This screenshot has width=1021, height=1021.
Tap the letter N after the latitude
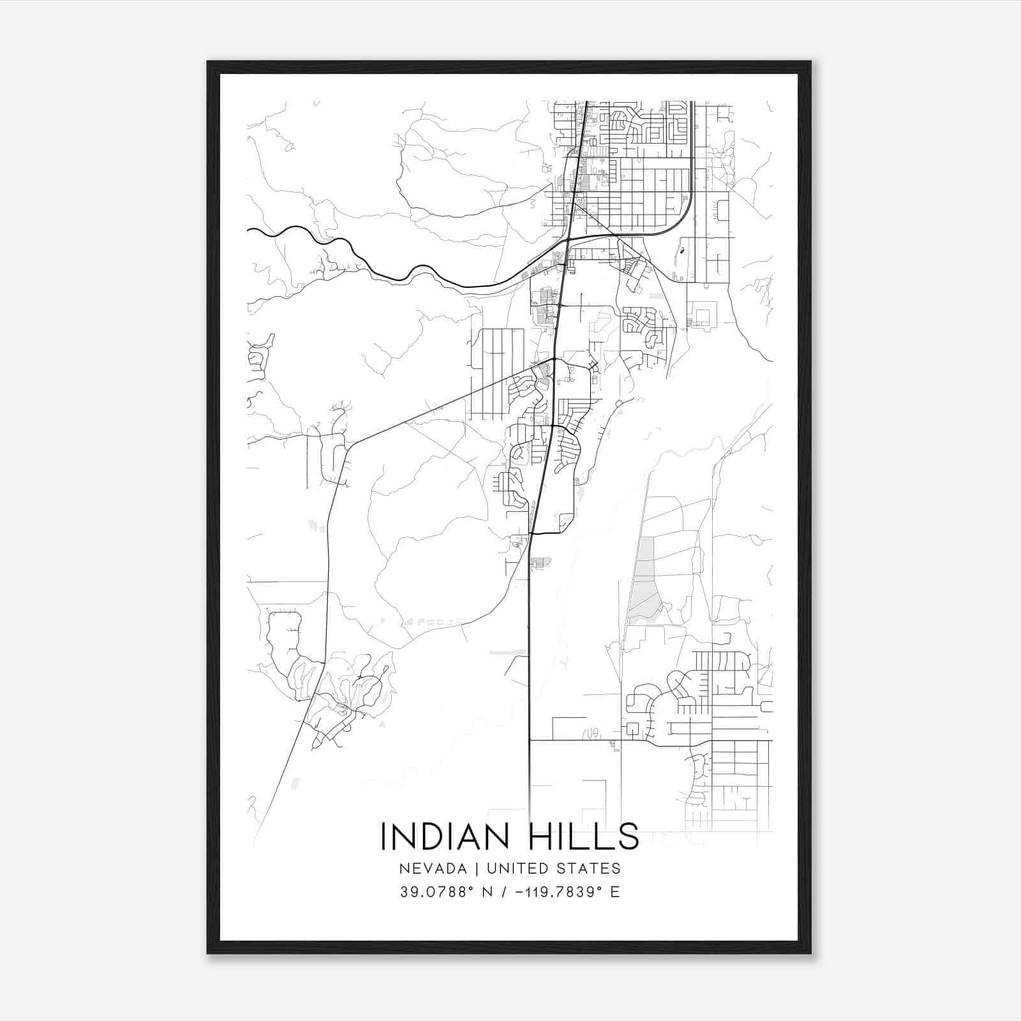click(x=488, y=892)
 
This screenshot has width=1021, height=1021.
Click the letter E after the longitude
click(x=615, y=892)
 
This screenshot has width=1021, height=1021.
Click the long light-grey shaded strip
click(x=645, y=581)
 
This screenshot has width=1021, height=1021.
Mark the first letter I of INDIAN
click(x=383, y=836)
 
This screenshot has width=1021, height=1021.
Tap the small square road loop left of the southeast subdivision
click(x=633, y=728)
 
